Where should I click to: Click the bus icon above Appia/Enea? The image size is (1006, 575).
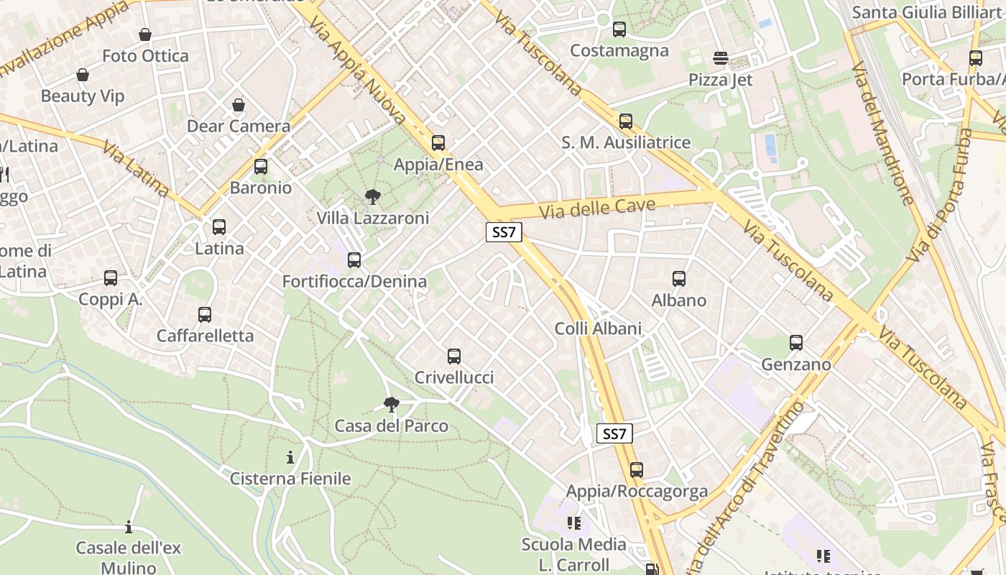438,142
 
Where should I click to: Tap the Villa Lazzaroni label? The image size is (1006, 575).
372,218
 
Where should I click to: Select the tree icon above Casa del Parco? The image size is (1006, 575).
391,404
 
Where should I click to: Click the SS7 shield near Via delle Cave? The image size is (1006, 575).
503,232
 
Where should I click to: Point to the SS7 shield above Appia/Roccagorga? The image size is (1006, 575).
614,433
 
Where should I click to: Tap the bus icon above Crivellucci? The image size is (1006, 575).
453,356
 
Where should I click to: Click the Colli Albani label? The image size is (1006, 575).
598,328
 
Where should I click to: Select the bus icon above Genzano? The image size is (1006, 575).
795,343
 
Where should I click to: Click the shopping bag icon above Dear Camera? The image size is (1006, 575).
239,105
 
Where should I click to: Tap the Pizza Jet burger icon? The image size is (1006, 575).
720,57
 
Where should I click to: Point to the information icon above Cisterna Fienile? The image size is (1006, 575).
290,457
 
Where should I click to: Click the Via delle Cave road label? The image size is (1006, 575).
597,208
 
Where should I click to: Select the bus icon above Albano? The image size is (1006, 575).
678,278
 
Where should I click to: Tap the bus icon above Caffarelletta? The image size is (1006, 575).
205,314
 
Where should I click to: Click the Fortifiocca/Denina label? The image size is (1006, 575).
354,281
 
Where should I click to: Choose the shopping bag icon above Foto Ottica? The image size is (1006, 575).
145,34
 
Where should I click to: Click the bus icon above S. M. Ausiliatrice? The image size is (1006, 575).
625,121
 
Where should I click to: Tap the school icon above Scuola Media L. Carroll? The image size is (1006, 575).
573,523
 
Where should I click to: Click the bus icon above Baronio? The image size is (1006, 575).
260,167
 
